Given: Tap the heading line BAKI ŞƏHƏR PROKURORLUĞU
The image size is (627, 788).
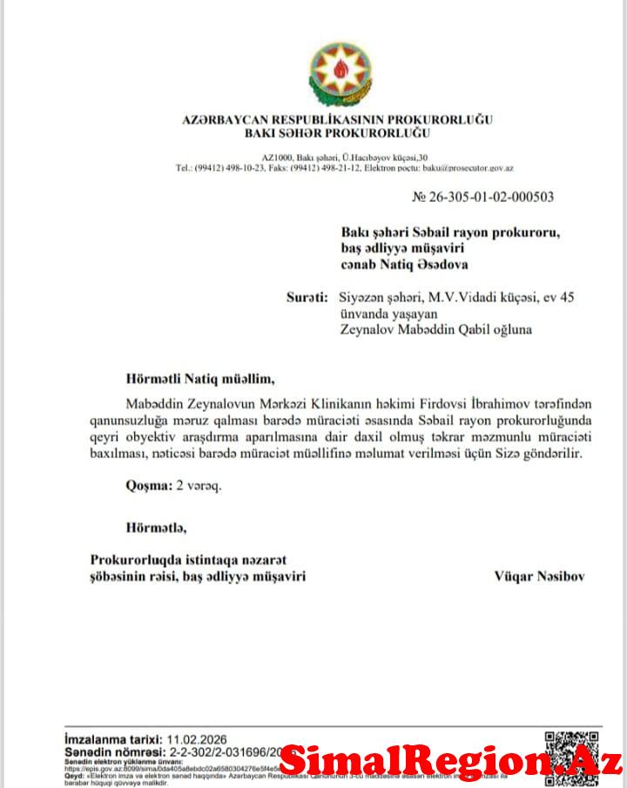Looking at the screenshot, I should pos(338,132).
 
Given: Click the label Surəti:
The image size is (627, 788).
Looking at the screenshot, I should pos(307,298).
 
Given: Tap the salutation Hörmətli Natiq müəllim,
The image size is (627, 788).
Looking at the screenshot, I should pos(182,379).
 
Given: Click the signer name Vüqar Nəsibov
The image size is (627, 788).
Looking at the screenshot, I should pos(539,576).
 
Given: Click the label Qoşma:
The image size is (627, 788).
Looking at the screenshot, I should pos(148,486).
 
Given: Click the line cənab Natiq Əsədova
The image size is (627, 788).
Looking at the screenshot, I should pos(409,264).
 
